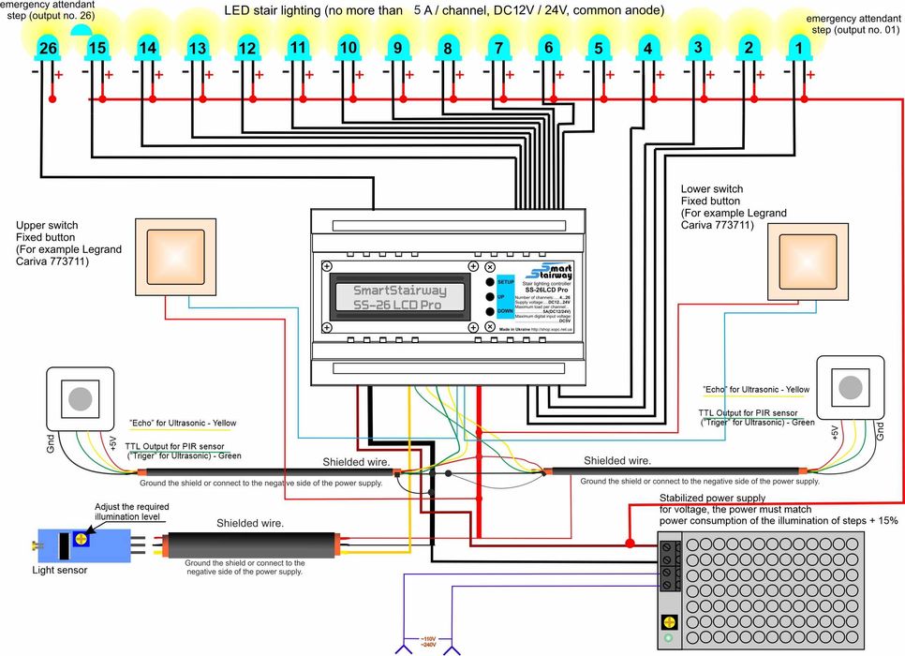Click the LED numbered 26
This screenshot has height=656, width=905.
[48, 47]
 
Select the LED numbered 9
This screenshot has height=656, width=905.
[397, 47]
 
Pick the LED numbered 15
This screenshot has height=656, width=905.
[96, 47]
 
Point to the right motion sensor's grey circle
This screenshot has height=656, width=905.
[851, 386]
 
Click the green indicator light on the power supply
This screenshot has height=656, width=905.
[668, 641]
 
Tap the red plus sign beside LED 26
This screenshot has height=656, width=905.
[59, 74]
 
